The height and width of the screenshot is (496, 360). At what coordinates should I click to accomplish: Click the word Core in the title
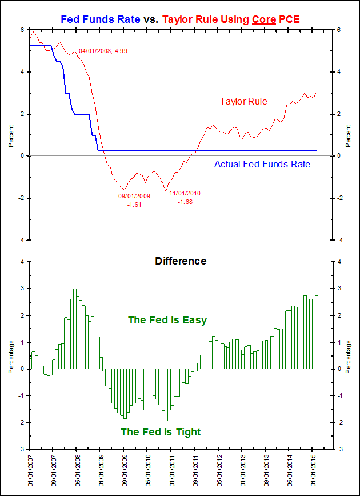coord(262,20)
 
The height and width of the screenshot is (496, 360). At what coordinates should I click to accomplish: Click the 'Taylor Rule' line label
coord(243,102)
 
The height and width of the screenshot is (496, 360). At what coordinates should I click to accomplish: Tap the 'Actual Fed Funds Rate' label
coord(262,165)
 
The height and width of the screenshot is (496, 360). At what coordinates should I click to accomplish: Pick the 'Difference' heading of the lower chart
coord(181,261)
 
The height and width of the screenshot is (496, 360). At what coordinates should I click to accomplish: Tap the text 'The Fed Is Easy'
coord(167,320)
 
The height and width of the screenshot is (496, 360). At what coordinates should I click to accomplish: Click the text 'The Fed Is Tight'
coord(161,432)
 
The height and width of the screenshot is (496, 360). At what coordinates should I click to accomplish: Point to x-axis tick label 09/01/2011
coord(195,470)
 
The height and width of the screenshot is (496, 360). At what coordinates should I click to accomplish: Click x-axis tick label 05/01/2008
coord(77,470)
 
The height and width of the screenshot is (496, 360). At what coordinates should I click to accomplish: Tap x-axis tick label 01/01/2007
coord(30,470)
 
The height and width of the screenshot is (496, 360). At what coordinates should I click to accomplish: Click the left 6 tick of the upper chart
coord(22,30)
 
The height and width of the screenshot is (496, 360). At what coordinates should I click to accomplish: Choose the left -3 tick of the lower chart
coord(22,450)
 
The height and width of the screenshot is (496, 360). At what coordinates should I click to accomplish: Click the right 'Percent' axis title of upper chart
coord(349,134)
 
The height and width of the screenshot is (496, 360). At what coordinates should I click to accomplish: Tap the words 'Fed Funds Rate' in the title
coord(100,20)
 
